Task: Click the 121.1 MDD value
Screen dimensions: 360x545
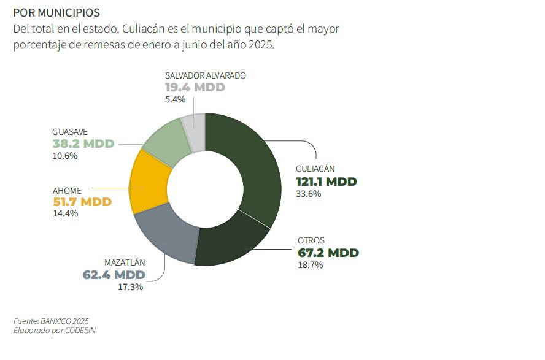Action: (x=326, y=182)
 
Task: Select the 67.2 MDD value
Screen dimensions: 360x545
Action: (x=328, y=253)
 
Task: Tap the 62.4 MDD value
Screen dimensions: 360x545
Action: (x=114, y=274)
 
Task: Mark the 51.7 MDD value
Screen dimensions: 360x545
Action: (x=82, y=202)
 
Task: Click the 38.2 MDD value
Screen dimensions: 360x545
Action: (x=83, y=144)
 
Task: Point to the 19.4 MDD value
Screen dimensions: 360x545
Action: (x=195, y=87)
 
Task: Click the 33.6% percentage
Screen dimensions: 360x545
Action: (x=309, y=194)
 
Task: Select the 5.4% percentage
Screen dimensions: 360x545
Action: (x=176, y=99)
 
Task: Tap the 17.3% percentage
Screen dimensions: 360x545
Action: (x=130, y=286)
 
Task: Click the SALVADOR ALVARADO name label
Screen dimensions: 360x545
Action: (x=205, y=75)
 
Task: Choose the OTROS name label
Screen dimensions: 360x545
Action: (x=311, y=240)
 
